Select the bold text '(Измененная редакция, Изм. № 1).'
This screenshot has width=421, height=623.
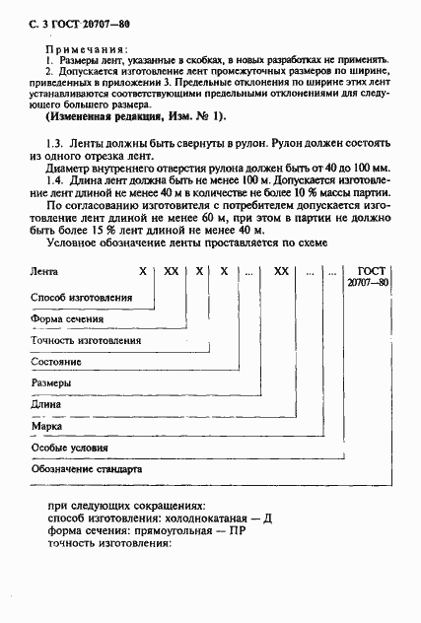point(136,116)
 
